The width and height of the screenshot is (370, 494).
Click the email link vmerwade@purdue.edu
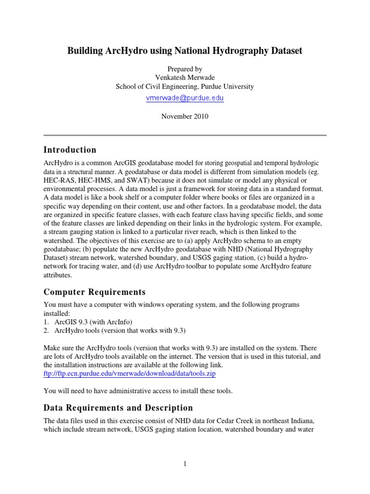click(185, 98)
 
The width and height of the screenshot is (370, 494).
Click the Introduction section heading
click(70, 150)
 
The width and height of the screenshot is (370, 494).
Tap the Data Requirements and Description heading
click(118, 408)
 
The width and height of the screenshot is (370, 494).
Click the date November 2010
click(185, 116)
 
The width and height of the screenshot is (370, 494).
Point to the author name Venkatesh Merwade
click(185, 78)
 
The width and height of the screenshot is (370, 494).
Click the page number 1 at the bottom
click(185, 464)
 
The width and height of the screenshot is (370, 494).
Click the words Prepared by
click(185, 69)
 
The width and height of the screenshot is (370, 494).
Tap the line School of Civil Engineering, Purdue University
click(185, 86)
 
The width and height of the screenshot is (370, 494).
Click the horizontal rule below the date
click(185, 135)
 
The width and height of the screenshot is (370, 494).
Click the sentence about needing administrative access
click(138, 391)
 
